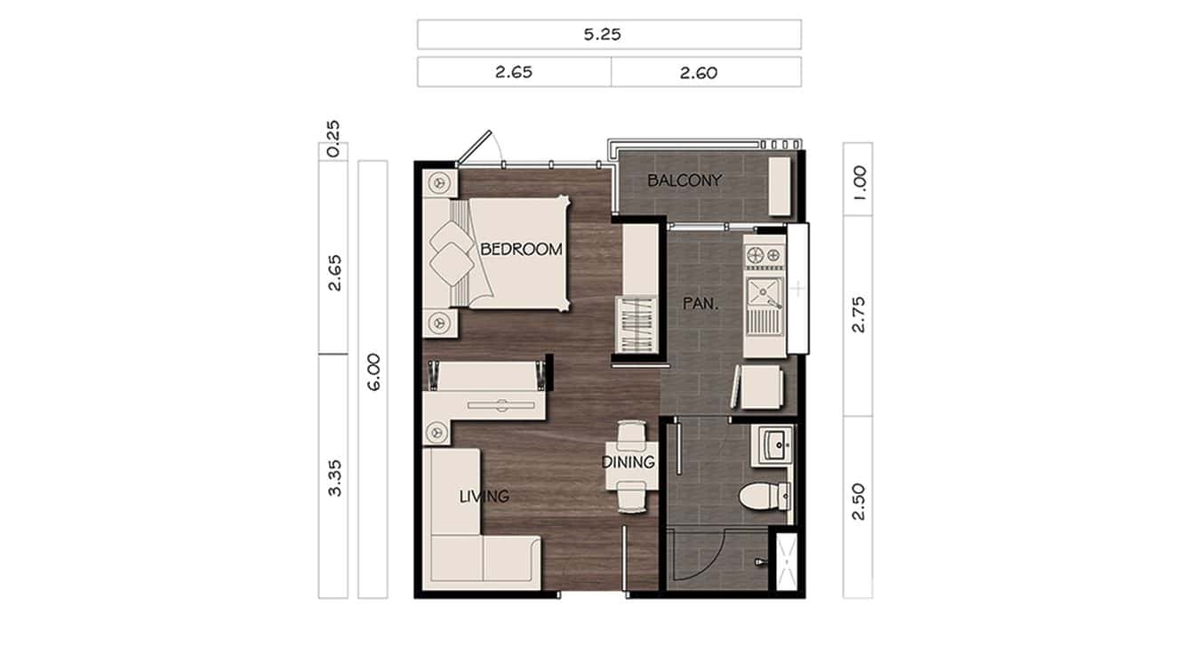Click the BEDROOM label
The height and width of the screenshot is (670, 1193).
tap(521, 250)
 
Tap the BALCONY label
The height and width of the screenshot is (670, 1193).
tap(685, 180)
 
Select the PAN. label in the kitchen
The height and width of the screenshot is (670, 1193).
tap(701, 304)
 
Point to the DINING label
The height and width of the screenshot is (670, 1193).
tap(628, 462)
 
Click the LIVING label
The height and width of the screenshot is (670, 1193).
tap(484, 496)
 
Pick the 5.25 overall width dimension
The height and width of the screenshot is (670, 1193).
tap(609, 35)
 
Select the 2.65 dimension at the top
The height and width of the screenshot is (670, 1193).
tap(514, 72)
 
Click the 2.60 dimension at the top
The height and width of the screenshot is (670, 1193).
tap(699, 72)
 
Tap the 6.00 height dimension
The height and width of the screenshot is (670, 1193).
tap(372, 372)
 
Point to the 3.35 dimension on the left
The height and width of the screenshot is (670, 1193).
tap(333, 477)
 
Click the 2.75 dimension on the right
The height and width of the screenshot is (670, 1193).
tap(858, 315)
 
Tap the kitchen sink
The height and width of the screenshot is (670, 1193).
tap(763, 290)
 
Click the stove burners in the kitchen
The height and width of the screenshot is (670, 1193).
tap(765, 254)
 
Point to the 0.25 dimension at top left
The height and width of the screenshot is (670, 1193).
tap(333, 140)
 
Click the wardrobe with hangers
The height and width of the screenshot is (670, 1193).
tap(636, 326)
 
